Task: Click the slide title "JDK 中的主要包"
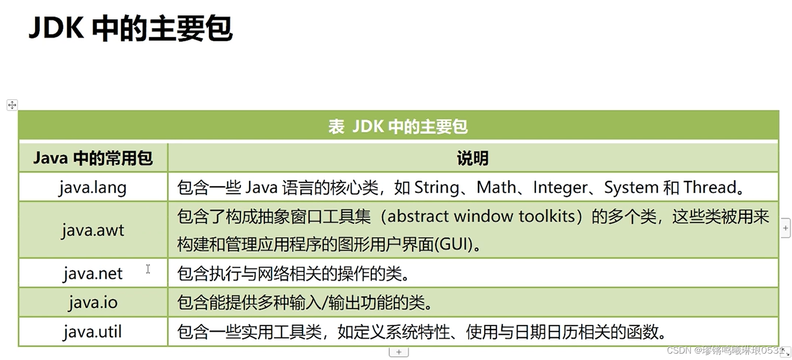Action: [x=131, y=28]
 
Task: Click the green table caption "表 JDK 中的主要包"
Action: [x=398, y=127]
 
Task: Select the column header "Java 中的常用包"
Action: [x=93, y=158]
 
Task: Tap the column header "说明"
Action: [x=473, y=158]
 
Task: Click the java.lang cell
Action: [x=93, y=187]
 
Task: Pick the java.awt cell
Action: [x=93, y=230]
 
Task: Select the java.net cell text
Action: [x=93, y=273]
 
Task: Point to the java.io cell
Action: [x=93, y=302]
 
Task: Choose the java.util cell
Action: [x=93, y=332]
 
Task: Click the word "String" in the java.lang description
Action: [x=436, y=187]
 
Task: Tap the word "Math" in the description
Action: [x=496, y=187]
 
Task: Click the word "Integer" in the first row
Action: [x=560, y=187]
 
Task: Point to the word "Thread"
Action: [x=710, y=187]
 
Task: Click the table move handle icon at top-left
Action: [x=12, y=105]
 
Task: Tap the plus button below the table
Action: [x=398, y=352]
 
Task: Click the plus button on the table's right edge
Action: [x=786, y=228]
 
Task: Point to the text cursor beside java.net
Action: [x=148, y=269]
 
